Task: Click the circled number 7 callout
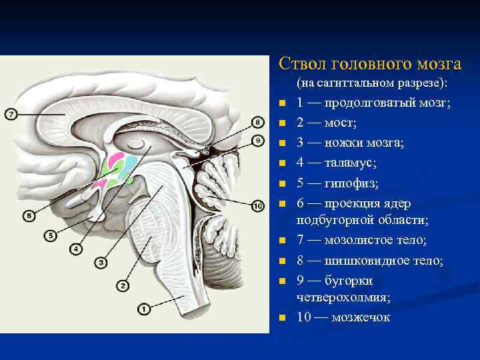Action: pyautogui.click(x=11, y=115)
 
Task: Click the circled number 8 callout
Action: pyautogui.click(x=258, y=122)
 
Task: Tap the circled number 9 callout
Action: pyautogui.click(x=258, y=141)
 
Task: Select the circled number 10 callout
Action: pyautogui.click(x=258, y=206)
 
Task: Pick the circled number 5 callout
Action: pyautogui.click(x=51, y=235)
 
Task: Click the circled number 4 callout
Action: pyautogui.click(x=75, y=249)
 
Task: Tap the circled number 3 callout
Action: pyautogui.click(x=101, y=263)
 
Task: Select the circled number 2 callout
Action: pyautogui.click(x=122, y=285)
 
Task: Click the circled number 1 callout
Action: pyautogui.click(x=143, y=308)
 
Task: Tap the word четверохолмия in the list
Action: pyautogui.click(x=339, y=297)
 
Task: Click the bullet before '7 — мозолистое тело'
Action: pyautogui.click(x=282, y=241)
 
